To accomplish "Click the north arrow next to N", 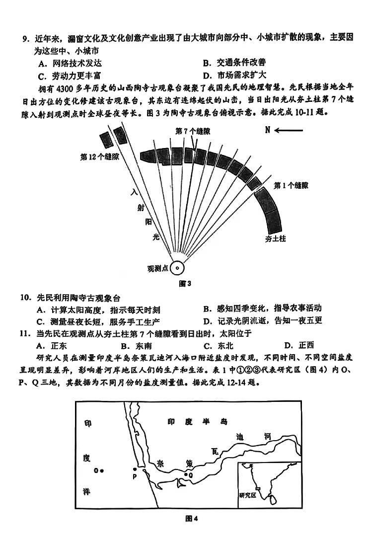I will coord(289,130).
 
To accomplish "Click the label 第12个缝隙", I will coord(100,156).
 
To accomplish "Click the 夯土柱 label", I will coord(276,238).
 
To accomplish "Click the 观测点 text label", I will coord(157,268).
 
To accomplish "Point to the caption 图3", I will coord(184,284).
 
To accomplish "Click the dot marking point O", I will coord(102,470).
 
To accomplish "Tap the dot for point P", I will coord(135,469).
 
